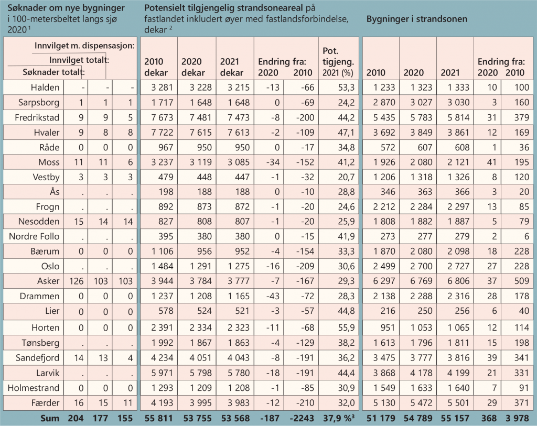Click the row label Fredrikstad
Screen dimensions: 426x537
pyautogui.click(x=38, y=117)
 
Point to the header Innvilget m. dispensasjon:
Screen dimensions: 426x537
pyautogui.click(x=84, y=46)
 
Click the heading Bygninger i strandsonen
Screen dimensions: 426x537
pyautogui.click(x=417, y=19)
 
